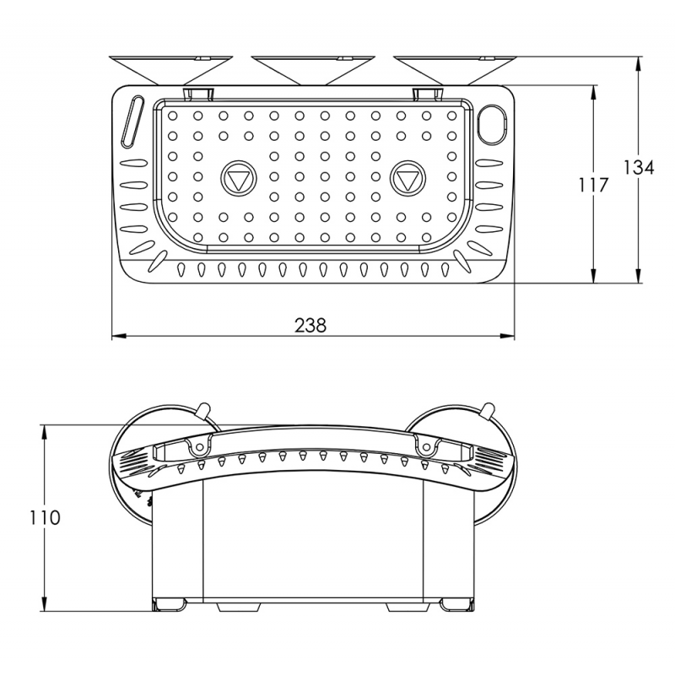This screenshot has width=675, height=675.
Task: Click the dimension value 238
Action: [x=310, y=325]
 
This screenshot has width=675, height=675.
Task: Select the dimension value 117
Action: [x=594, y=186]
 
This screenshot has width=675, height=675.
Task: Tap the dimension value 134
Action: [x=639, y=167]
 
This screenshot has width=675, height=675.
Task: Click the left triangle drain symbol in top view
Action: [x=237, y=179]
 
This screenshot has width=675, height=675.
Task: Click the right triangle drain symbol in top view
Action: [x=409, y=179]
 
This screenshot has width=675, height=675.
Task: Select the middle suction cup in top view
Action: [x=313, y=69]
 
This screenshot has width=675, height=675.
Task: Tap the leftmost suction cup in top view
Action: [x=171, y=69]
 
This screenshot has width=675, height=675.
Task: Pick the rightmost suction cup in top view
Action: [x=455, y=69]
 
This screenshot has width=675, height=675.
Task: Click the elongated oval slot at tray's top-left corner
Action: [x=132, y=122]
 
